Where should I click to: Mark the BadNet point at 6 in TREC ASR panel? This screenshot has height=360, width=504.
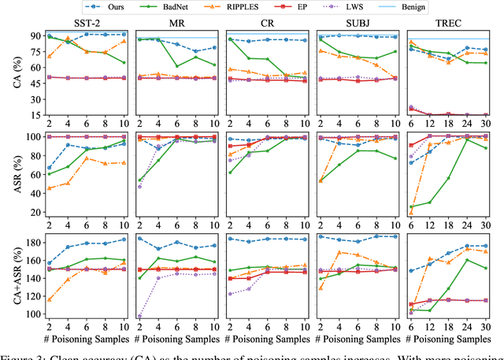coord(411,207)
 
